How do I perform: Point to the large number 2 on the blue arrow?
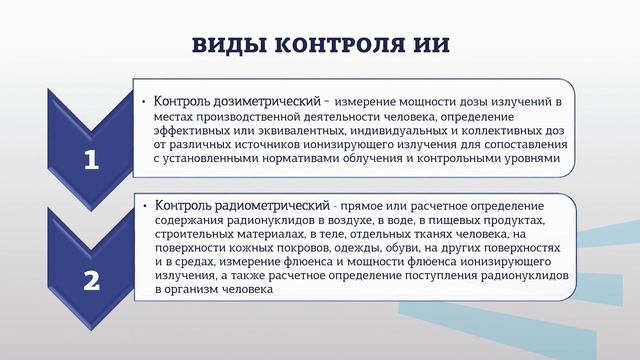91,280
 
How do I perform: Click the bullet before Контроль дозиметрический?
146,102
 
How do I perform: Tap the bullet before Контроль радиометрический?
146,205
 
